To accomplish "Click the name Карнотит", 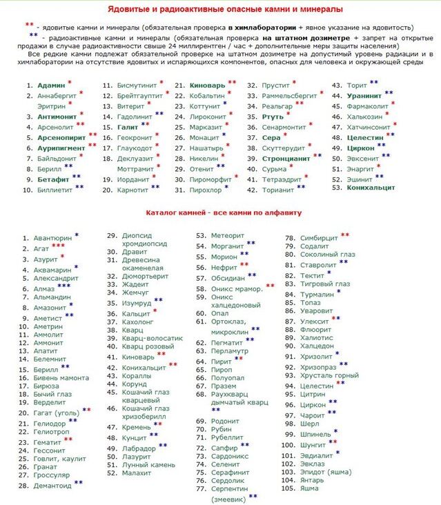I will coord(133,188).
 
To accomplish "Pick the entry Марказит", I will coord(206,127).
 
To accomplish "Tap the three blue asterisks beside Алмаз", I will coord(63,286).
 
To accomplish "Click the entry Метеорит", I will coord(227,235).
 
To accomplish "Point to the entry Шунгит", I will coord(314,445).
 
